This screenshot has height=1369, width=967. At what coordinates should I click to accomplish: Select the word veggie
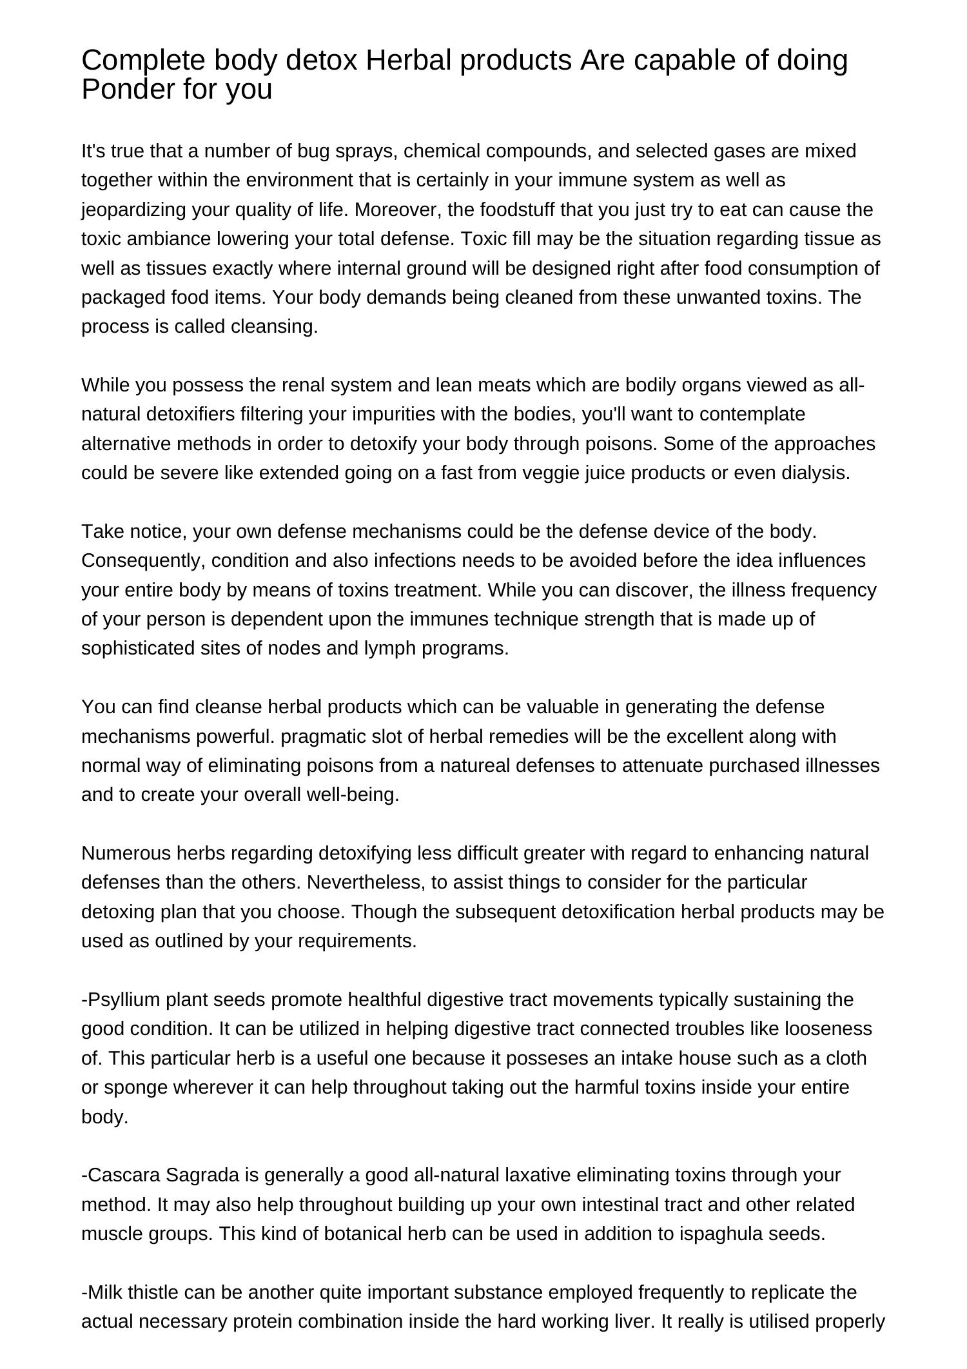tap(549, 473)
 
